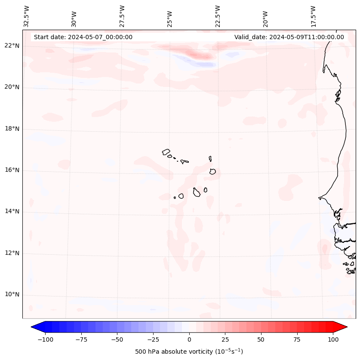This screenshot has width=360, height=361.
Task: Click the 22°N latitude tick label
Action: (12, 46)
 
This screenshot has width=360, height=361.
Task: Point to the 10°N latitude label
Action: (12, 295)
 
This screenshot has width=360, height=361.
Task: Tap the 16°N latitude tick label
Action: (12, 170)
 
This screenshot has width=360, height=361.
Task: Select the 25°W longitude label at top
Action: (170, 16)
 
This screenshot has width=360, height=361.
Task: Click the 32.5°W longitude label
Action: (27, 16)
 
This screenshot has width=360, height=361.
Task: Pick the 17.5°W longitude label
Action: (314, 16)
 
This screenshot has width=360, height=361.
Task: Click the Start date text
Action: (83, 37)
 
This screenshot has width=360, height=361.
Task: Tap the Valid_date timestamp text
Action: (289, 37)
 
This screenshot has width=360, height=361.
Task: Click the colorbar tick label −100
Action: (45, 339)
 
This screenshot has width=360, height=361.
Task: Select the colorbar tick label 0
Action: (189, 339)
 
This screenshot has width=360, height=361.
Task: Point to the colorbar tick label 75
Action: (297, 339)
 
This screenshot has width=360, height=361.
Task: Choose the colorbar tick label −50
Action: (117, 339)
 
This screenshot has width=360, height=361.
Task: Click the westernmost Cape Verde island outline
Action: (166, 152)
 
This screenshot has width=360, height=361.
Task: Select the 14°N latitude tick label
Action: (12, 212)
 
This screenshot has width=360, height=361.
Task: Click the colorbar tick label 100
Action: (333, 339)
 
